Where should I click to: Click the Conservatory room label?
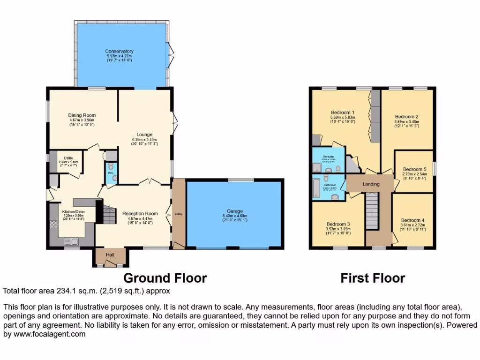pos(119,52)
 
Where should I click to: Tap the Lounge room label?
pos(144,134)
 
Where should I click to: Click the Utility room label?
pos(68,159)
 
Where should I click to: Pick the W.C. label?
pos(111,173)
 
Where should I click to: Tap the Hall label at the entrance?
pos(110,255)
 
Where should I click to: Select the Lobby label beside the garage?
pos(179,214)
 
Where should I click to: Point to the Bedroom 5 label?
pos(414,169)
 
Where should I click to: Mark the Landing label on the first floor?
pos(371,184)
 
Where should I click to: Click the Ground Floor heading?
pos(165,278)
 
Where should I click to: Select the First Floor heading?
pos(373,278)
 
